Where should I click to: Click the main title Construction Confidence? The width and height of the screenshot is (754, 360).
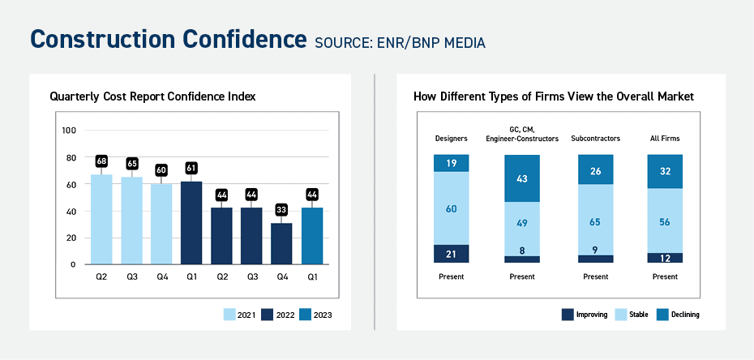pos(167,40)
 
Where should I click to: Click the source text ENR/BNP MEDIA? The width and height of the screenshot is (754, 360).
pos(400,43)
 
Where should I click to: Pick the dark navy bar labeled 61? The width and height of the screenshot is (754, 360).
pos(191,222)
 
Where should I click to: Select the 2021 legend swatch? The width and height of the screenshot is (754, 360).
pos(229,315)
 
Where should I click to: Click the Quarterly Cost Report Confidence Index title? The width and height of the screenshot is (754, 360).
pos(152,96)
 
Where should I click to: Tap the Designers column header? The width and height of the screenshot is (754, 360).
pos(451,139)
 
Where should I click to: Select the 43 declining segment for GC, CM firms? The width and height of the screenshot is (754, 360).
pos(522,178)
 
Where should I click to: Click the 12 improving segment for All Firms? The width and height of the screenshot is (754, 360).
pos(665,258)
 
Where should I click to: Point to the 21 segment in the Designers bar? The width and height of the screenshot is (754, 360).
pos(451,254)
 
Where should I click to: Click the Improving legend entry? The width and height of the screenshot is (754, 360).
pos(583,315)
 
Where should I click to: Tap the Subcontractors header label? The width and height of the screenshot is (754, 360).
pos(595,139)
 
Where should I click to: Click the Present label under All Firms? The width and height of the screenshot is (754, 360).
pos(665,276)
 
